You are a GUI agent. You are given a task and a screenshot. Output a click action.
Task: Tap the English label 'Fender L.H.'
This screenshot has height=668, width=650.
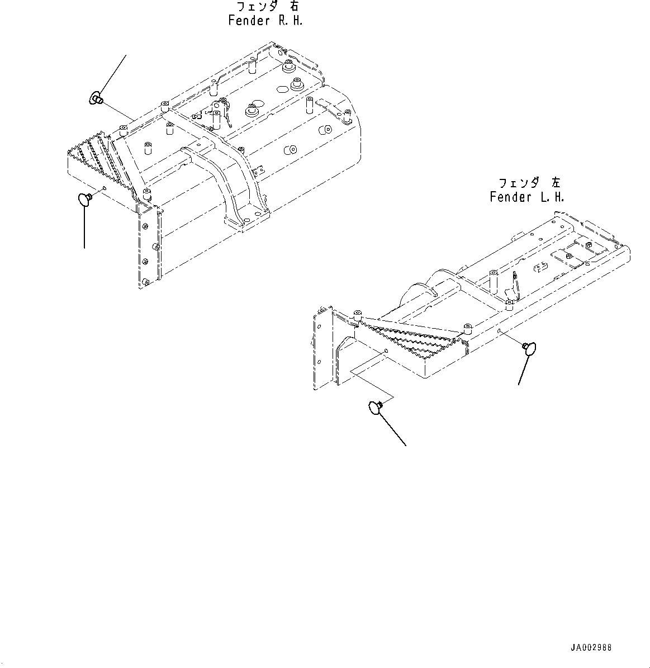[526, 197]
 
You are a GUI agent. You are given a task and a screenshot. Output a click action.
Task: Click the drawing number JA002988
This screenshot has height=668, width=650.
[591, 648]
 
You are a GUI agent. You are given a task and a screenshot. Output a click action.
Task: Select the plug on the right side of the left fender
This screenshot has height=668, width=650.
[528, 347]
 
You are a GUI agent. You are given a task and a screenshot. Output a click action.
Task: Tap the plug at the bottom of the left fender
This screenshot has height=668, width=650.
[376, 408]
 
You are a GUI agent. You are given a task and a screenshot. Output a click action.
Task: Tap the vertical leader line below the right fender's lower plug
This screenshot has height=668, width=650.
[85, 229]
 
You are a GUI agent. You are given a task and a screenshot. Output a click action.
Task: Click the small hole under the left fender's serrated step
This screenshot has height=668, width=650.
[386, 351]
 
